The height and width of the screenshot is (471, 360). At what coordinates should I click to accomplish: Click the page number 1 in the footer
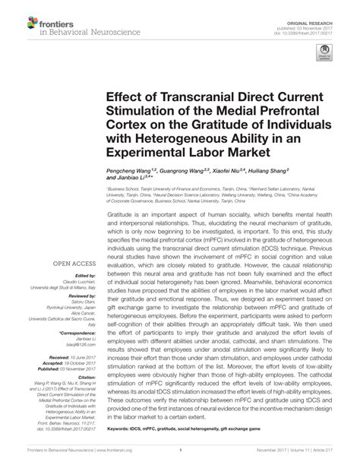coord(180,460)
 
